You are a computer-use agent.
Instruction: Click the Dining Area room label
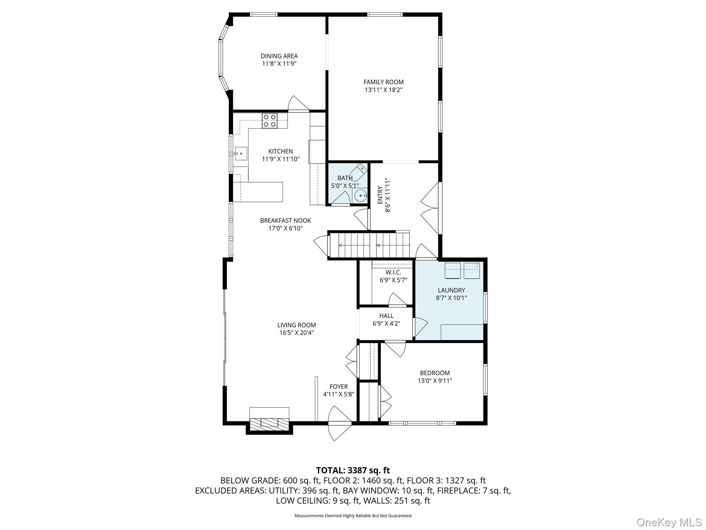click(x=279, y=56)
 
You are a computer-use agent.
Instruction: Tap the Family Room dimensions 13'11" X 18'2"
click(x=384, y=90)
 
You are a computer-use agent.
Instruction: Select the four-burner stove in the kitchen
click(x=270, y=121)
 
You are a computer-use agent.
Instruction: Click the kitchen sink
click(x=241, y=154)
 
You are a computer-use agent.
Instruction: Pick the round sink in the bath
click(x=361, y=196)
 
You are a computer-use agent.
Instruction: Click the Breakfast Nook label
click(x=285, y=220)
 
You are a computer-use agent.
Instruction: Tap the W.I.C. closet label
click(x=393, y=273)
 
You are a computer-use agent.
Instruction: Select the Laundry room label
click(x=451, y=290)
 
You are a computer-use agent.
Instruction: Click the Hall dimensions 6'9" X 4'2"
click(x=386, y=324)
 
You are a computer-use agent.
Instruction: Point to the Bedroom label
click(x=435, y=373)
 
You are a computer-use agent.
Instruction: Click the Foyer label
click(x=339, y=387)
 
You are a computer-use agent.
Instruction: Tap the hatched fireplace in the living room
click(x=269, y=424)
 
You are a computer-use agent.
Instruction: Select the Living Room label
click(x=296, y=325)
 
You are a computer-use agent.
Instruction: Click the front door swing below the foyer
click(x=340, y=423)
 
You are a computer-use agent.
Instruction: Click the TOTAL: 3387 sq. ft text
click(x=353, y=470)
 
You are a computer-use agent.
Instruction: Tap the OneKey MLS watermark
click(x=669, y=522)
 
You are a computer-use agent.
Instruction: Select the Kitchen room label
click(x=281, y=151)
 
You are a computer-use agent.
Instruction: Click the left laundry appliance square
click(x=453, y=271)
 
